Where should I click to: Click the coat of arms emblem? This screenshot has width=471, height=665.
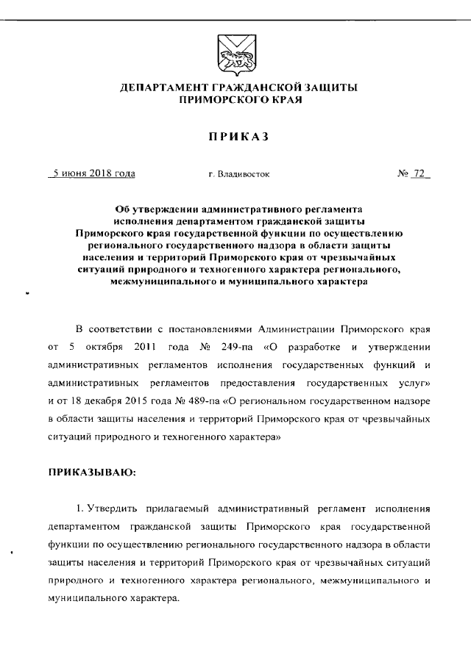point(235,55)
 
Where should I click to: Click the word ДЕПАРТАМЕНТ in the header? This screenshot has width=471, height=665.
point(160,88)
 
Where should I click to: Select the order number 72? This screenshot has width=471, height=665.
point(420,174)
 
